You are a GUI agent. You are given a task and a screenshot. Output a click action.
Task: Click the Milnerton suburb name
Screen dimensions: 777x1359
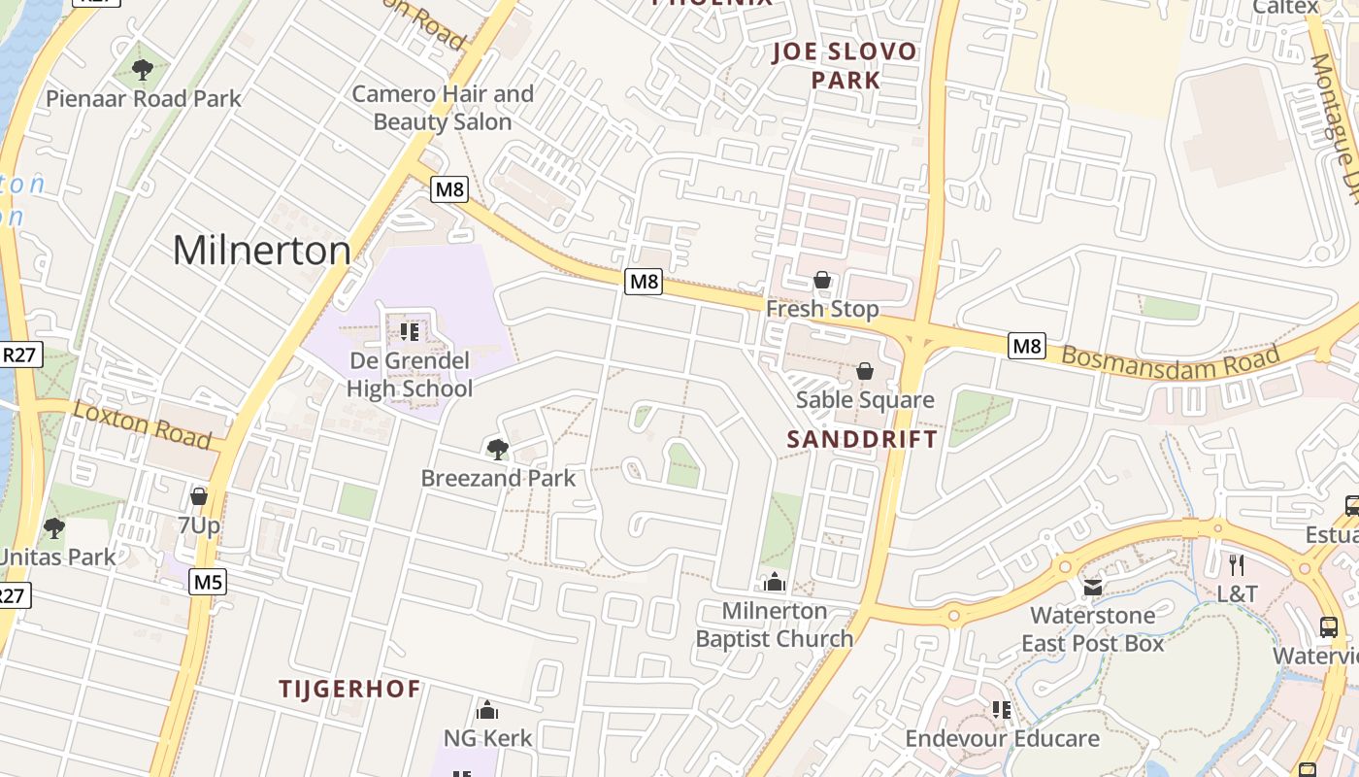(261, 251)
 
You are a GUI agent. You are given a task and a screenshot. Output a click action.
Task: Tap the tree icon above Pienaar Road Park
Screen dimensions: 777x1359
(143, 70)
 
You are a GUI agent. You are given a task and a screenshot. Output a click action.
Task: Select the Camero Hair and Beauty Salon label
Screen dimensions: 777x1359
(443, 108)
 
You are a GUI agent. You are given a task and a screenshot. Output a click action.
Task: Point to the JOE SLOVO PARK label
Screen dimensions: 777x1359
(845, 65)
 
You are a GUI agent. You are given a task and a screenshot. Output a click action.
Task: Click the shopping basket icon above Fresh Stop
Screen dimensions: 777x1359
(822, 281)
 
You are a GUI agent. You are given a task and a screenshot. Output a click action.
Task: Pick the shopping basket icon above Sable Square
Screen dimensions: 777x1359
(864, 371)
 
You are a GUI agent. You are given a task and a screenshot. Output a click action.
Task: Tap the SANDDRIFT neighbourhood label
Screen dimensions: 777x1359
(862, 439)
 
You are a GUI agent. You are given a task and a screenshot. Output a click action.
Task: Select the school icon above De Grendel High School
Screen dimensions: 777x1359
(410, 332)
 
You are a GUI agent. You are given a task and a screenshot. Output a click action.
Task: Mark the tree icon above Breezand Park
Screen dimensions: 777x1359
(497, 449)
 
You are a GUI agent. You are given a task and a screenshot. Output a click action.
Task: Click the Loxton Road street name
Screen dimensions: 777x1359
(142, 423)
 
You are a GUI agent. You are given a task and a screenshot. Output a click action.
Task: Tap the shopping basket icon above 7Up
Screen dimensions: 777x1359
(199, 497)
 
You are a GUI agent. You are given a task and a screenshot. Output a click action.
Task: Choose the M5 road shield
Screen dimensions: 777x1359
(208, 582)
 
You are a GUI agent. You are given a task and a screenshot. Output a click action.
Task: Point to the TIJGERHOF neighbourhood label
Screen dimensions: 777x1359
(349, 690)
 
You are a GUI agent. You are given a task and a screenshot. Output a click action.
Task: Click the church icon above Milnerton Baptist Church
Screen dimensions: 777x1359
(775, 582)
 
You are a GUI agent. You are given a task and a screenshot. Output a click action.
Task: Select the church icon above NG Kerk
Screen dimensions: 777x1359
(487, 710)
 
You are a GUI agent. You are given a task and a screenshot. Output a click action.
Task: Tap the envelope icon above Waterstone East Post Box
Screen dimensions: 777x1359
(1093, 587)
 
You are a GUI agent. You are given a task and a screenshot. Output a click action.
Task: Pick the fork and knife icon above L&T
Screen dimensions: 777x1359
(1237, 565)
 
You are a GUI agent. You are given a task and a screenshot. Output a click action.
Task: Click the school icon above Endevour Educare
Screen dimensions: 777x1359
(1002, 710)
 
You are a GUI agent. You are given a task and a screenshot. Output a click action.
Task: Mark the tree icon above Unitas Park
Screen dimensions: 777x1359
(54, 528)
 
